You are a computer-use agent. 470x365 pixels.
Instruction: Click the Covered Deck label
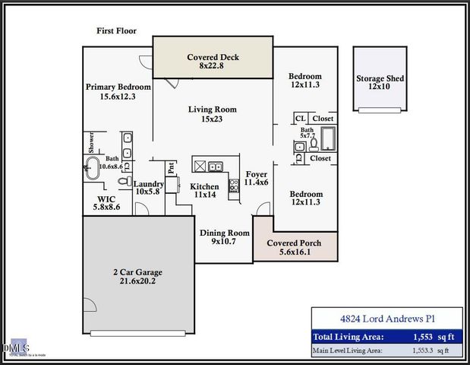tap(213, 57)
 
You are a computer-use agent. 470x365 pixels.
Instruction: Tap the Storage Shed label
tap(380, 78)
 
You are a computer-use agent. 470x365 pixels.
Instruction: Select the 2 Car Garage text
tap(137, 272)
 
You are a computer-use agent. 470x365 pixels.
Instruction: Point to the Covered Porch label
tap(294, 243)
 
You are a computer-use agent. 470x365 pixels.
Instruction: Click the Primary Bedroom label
tap(118, 87)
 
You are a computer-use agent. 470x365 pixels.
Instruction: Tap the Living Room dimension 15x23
tap(212, 119)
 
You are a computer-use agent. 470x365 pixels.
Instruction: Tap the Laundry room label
tap(149, 184)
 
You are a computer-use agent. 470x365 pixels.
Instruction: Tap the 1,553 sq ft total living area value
tap(427, 336)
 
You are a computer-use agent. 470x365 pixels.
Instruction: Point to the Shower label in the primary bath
tap(91, 143)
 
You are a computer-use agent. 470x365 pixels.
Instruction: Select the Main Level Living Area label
tap(349, 351)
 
